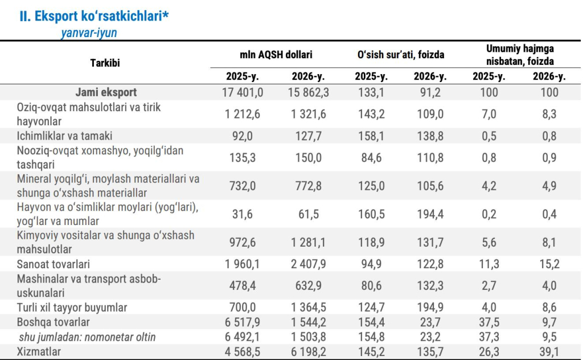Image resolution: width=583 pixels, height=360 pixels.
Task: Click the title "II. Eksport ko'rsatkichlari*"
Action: pyautogui.click(x=94, y=17)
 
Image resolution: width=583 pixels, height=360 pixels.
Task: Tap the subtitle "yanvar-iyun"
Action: pyautogui.click(x=89, y=32)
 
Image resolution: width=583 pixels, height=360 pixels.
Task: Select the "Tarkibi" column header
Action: pyautogui.click(x=105, y=63)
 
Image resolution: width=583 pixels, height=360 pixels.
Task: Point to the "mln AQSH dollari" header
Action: pyautogui.click(x=276, y=55)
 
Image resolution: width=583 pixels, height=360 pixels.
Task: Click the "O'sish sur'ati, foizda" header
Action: pyautogui.click(x=401, y=55)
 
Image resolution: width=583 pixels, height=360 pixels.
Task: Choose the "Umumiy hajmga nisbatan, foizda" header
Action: pyautogui.click(x=520, y=55)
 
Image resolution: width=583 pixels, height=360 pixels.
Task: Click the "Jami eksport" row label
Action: pyautogui.click(x=106, y=92)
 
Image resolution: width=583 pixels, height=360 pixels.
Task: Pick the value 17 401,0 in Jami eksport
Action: pyautogui.click(x=243, y=92)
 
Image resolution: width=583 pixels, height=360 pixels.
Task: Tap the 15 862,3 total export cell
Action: pyautogui.click(x=308, y=92)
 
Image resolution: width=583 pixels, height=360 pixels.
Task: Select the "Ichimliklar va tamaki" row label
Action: pyautogui.click(x=64, y=136)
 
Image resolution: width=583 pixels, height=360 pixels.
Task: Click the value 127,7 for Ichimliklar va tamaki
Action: pyautogui.click(x=308, y=136)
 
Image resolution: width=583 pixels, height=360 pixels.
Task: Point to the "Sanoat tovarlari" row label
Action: pyautogui.click(x=53, y=264)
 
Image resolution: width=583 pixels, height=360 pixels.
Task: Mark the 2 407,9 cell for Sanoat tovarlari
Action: pyautogui.click(x=308, y=264)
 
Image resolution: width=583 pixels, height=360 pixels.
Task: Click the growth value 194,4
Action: pyautogui.click(x=430, y=214)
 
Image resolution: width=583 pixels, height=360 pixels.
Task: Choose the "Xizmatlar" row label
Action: pyautogui.click(x=39, y=351)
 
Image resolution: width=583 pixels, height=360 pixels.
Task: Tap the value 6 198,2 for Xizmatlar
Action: pyautogui.click(x=308, y=351)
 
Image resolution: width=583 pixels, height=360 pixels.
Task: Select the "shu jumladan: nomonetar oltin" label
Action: pyautogui.click(x=87, y=337)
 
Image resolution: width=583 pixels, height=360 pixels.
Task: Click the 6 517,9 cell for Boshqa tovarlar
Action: pyautogui.click(x=243, y=322)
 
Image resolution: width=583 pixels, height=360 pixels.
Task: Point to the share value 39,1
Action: pyautogui.click(x=549, y=351)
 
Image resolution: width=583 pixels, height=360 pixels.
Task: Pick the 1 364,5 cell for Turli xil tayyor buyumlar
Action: pyautogui.click(x=308, y=308)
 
